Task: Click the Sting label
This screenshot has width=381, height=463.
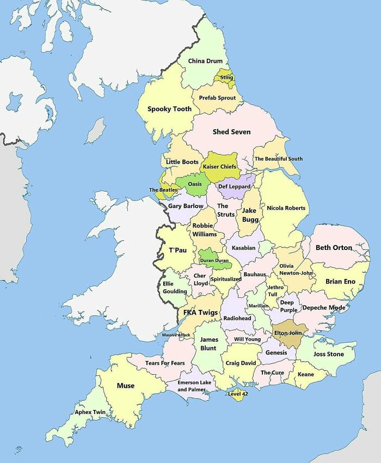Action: [x=227, y=77]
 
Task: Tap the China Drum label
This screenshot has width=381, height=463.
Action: [x=205, y=61]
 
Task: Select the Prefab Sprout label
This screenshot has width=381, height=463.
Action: [x=217, y=98]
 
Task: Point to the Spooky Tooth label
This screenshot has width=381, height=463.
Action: [x=169, y=109]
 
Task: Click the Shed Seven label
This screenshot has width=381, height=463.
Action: [x=231, y=132]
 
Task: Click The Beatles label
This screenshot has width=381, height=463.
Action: [x=163, y=190]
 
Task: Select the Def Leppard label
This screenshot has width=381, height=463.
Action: [x=234, y=186]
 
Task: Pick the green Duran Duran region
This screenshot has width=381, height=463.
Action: [x=214, y=260]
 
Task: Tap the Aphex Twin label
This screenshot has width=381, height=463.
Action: [x=90, y=412]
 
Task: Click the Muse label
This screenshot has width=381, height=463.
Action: [x=126, y=386]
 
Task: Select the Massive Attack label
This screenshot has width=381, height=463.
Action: [x=176, y=334]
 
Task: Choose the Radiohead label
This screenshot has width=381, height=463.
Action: [x=237, y=318]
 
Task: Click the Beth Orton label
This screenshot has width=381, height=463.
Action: [x=334, y=247]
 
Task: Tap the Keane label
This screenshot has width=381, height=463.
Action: [x=306, y=374]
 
